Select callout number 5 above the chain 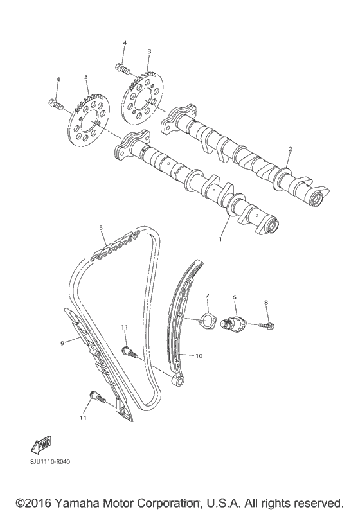101,228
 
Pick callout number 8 267,301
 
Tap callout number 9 63,344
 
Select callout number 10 199,355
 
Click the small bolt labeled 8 267,326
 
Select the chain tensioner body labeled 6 232,321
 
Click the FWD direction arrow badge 40,444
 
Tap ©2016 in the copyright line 31,501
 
